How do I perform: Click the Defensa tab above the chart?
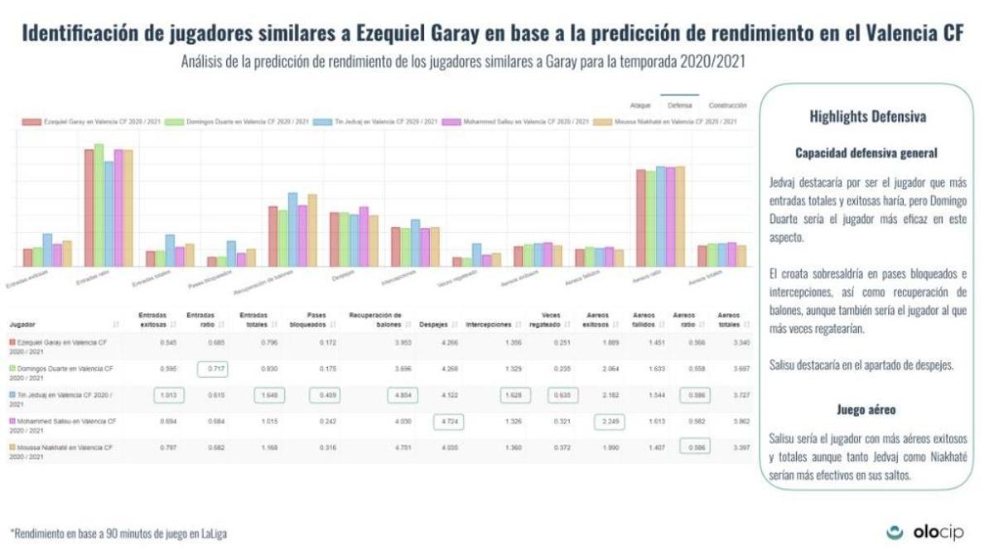click(680, 106)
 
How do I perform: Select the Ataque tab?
click(640, 106)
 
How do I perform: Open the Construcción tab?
click(727, 106)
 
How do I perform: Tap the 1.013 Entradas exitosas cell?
click(167, 396)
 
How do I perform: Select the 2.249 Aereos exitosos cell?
click(610, 423)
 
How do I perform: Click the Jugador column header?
click(22, 324)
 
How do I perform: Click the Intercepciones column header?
click(488, 324)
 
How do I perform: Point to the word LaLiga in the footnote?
click(213, 534)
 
